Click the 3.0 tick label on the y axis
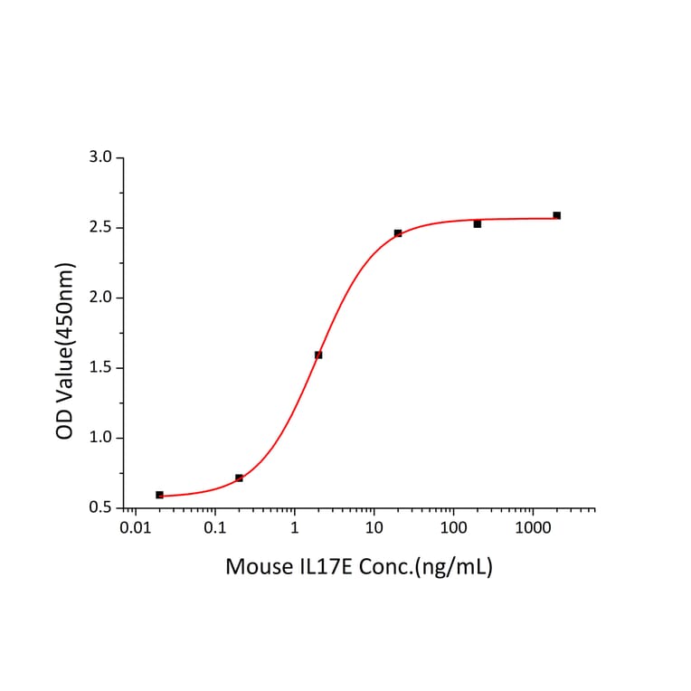101,157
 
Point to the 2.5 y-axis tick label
101,227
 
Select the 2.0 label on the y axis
101,298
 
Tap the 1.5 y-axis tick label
101,368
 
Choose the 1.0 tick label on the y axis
101,438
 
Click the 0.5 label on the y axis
101,507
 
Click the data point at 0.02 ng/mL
159,495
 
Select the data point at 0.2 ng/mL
239,478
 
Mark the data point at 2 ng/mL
318,355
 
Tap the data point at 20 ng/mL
398,233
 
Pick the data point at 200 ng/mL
477,223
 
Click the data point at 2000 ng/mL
556,215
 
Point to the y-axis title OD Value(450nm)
65,351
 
